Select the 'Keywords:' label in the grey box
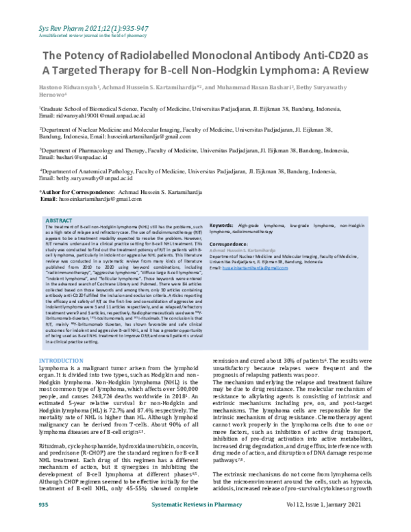click(223, 226)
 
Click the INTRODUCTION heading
click(62, 361)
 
